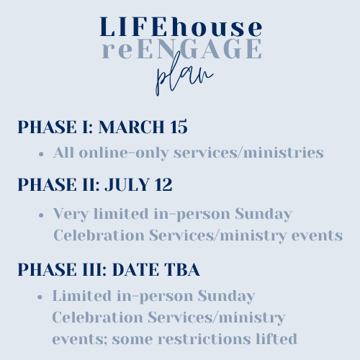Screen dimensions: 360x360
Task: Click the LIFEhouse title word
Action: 181,27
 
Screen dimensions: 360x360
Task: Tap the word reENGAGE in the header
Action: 181,49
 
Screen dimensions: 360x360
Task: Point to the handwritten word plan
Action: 184,73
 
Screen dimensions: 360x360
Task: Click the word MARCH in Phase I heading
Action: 131,127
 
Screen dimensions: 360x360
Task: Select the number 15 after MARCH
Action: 179,127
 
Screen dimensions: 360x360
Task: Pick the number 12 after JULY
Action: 163,184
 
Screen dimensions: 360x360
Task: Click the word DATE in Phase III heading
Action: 135,269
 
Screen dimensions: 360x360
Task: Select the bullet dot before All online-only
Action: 41,154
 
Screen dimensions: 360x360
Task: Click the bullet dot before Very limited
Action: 41,215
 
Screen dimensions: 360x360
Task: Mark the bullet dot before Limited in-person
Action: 40,297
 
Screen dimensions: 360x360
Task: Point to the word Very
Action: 71,215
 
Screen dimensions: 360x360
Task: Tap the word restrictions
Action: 204,339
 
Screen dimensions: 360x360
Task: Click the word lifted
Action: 276,338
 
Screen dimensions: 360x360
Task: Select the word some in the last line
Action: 132,340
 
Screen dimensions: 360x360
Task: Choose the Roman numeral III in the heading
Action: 94,269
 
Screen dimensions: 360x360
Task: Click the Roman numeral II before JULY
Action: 91,184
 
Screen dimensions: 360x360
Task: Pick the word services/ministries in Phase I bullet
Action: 248,153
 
